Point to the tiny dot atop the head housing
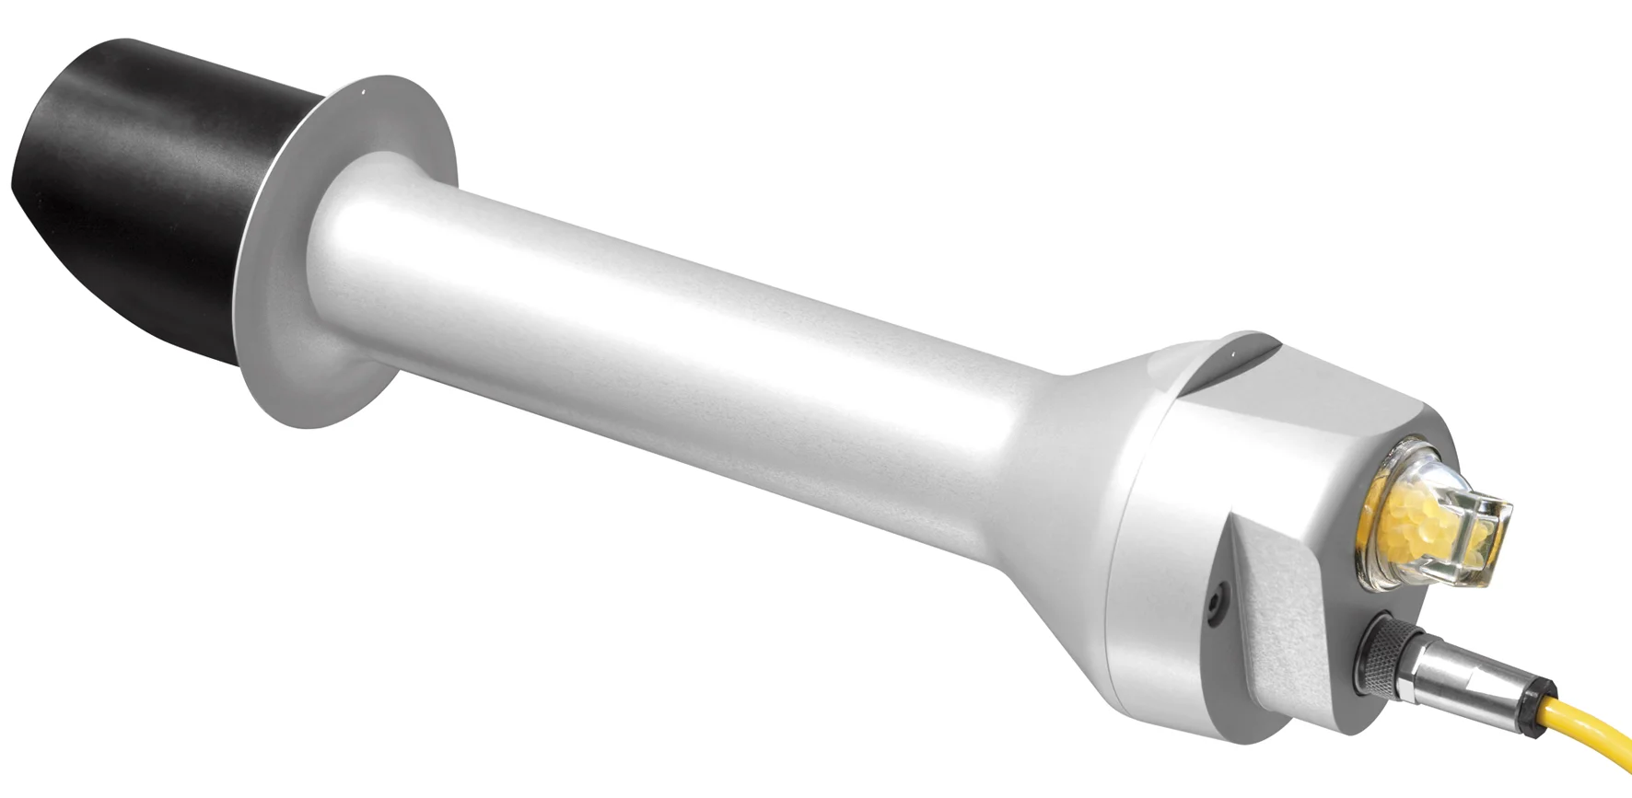coord(1229,352)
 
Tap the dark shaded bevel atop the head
coord(1234,368)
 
